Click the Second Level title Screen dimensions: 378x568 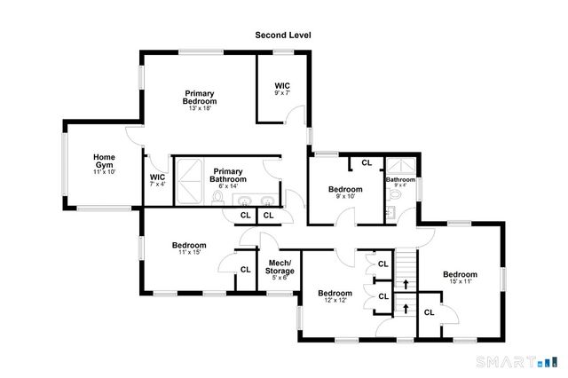click(283, 35)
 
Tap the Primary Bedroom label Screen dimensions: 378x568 click(201, 98)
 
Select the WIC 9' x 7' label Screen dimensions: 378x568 click(282, 89)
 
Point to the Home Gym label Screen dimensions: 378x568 click(105, 163)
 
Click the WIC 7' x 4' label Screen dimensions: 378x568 click(158, 180)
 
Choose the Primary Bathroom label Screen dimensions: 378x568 click(228, 176)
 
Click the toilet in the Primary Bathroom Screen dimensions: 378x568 click(218, 199)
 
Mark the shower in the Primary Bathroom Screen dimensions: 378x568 click(188, 178)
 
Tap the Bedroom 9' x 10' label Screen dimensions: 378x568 click(345, 193)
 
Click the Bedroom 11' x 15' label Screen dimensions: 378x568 click(189, 249)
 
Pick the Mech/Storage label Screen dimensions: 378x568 click(280, 268)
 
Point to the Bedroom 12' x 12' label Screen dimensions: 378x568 click(335, 296)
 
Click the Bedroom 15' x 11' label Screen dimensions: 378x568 click(460, 278)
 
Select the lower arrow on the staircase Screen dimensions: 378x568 click(406, 308)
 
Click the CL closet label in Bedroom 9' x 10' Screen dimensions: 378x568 click(366, 162)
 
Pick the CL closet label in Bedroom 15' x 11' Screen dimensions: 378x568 click(429, 311)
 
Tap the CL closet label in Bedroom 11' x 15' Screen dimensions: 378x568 click(244, 270)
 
